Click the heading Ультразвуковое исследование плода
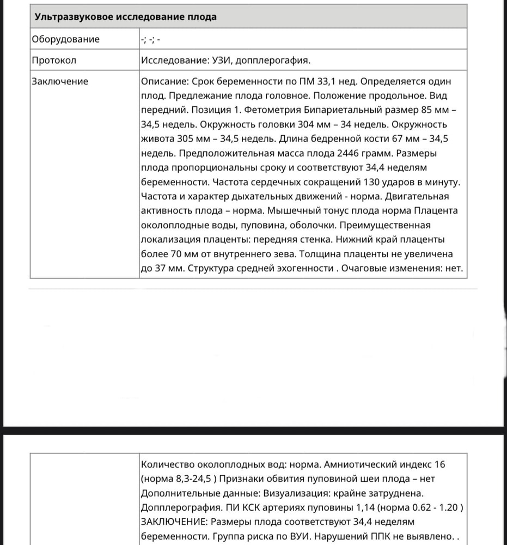pyautogui.click(x=125, y=16)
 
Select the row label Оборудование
pyautogui.click(x=66, y=39)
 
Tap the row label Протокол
pyautogui.click(x=54, y=60)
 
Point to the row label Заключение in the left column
pyautogui.click(x=60, y=81)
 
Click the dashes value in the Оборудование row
pyautogui.click(x=150, y=39)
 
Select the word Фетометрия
pyautogui.click(x=254, y=110)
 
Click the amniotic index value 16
pyautogui.click(x=440, y=464)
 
